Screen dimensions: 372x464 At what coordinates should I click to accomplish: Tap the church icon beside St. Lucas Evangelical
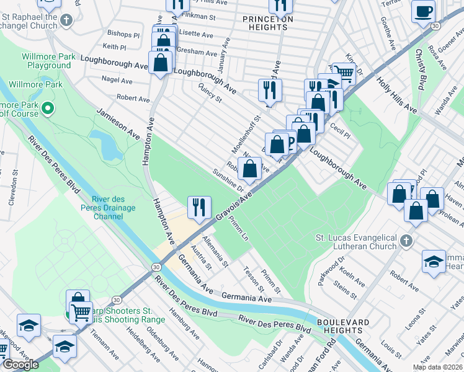click(x=406, y=240)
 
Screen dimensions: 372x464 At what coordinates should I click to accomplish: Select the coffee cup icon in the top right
click(x=424, y=11)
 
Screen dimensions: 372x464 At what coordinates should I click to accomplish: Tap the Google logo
click(x=20, y=365)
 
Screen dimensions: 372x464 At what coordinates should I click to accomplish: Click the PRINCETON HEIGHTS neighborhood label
click(x=267, y=19)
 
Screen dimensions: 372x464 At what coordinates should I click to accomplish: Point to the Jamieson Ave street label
click(x=117, y=122)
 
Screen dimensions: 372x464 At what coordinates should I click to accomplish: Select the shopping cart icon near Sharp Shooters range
click(x=81, y=314)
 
